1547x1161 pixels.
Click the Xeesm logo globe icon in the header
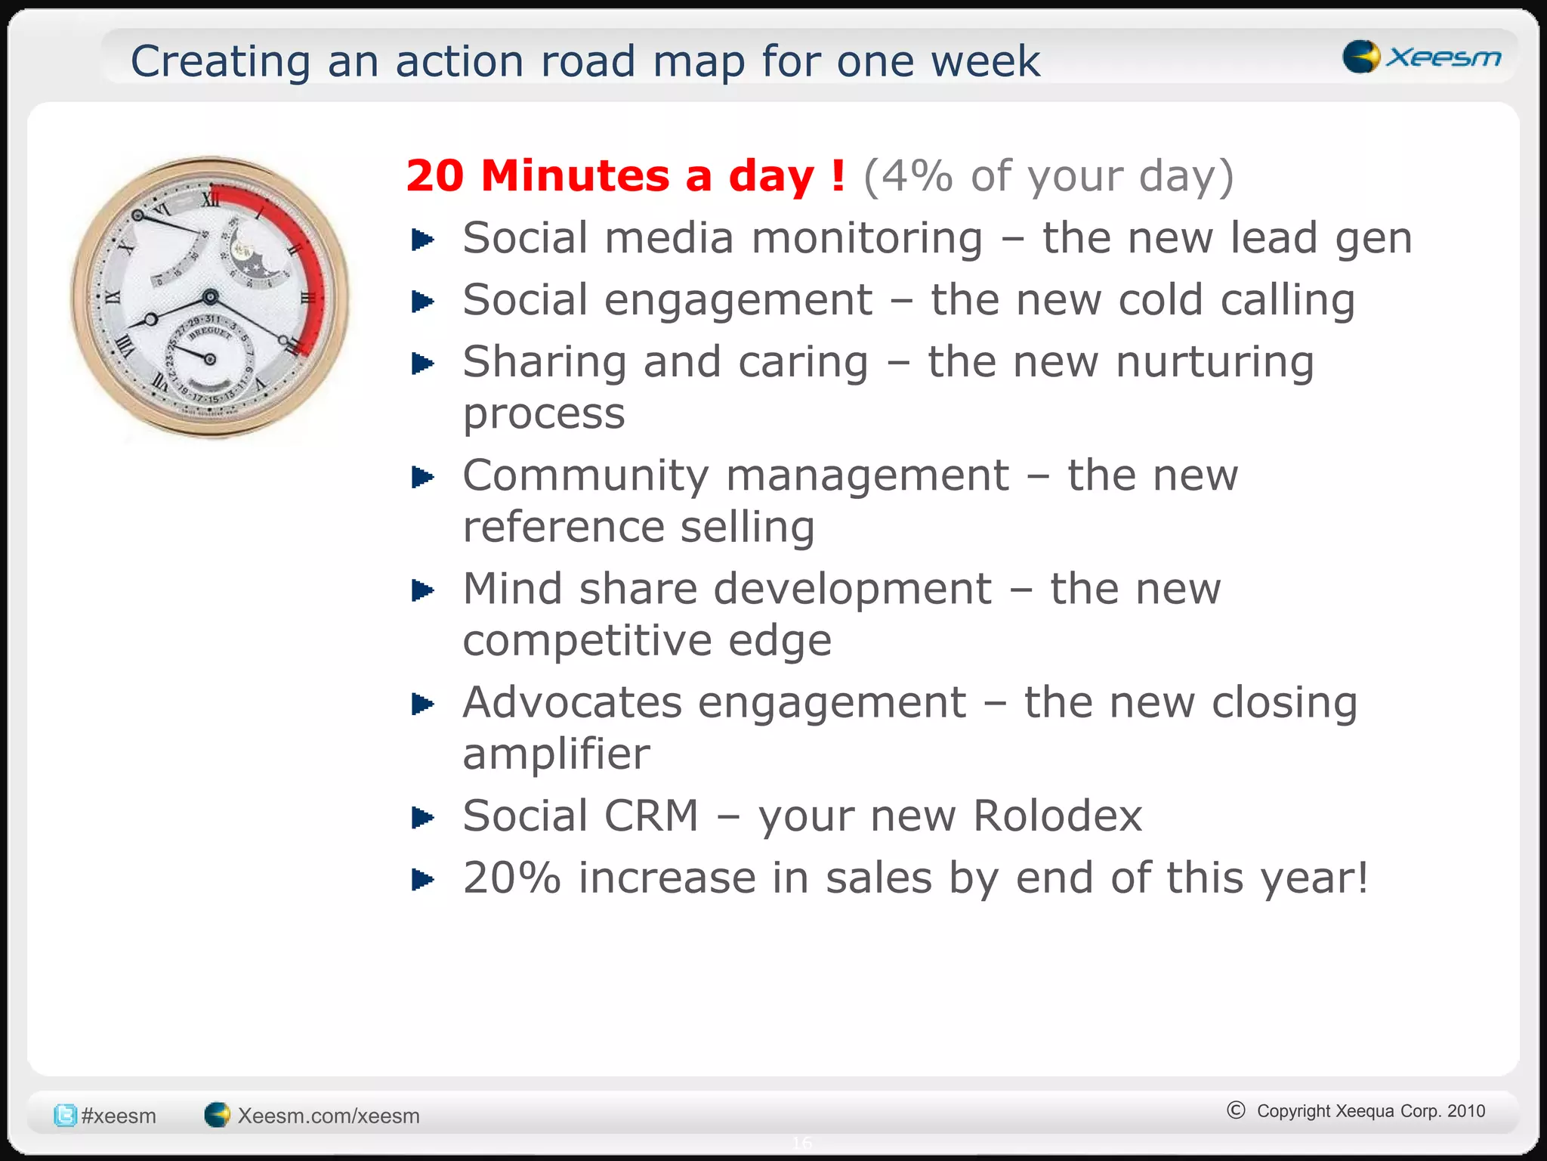coord(1361,57)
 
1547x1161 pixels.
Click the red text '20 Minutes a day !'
coord(625,176)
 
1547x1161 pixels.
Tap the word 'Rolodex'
coord(1057,816)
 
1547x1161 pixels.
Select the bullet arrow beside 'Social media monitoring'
coord(422,240)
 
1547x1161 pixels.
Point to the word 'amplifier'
coord(556,754)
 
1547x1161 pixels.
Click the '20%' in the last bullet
coord(511,878)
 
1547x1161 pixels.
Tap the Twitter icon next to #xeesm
coord(65,1115)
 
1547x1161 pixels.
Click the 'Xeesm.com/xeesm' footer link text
coord(329,1116)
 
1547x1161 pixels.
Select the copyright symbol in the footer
coord(1236,1110)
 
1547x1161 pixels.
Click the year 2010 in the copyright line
coord(1466,1111)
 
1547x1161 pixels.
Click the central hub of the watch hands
coord(211,296)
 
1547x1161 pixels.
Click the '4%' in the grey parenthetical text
coord(916,176)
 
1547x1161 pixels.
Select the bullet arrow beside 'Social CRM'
coord(422,818)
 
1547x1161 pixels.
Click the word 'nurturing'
coord(1215,362)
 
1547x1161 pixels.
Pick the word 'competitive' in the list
coord(586,641)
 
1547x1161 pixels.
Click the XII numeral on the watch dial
coord(211,200)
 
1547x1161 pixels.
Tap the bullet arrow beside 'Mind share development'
coord(422,590)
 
